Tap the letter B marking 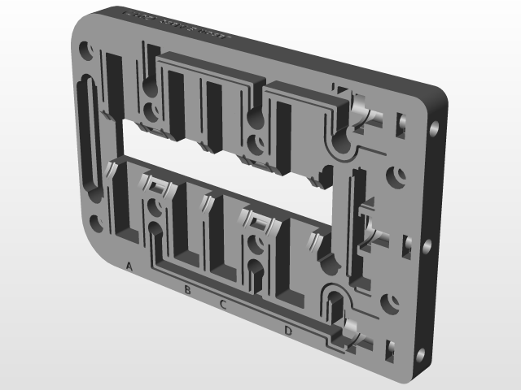tap(187, 289)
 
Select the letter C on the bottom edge tap(223, 305)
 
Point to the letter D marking tap(288, 330)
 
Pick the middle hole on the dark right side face tap(427, 244)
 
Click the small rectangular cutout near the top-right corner tap(400, 123)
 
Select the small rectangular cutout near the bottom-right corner tap(388, 349)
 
